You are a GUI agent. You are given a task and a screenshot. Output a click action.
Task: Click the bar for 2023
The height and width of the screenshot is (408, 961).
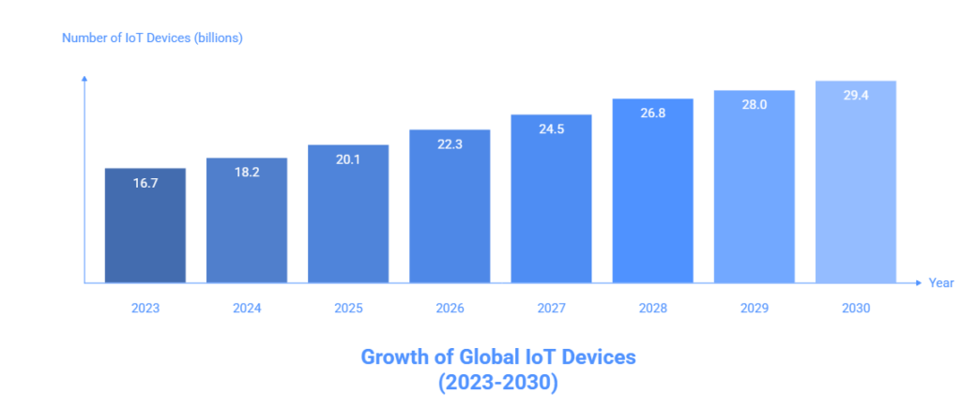click(x=145, y=225)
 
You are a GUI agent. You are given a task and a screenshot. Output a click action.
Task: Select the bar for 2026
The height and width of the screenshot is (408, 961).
click(x=450, y=206)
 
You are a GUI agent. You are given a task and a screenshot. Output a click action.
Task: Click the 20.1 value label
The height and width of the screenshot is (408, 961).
click(x=348, y=159)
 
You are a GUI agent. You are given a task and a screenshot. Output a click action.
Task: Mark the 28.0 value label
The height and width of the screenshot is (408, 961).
click(x=755, y=105)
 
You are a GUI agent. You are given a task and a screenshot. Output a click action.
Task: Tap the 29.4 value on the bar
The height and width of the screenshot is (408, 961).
click(x=856, y=96)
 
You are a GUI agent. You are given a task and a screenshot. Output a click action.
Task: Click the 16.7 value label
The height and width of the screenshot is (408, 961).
click(x=145, y=184)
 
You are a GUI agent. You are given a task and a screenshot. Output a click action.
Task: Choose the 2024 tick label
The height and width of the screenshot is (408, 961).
click(x=247, y=307)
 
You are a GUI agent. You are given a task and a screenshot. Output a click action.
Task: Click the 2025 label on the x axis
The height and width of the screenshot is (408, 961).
click(x=348, y=307)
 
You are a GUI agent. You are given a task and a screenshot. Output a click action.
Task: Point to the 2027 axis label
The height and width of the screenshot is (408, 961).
click(x=551, y=307)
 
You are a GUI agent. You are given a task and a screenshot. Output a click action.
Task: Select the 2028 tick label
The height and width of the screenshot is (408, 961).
click(x=653, y=307)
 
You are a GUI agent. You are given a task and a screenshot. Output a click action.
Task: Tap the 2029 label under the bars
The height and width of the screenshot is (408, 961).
click(x=755, y=307)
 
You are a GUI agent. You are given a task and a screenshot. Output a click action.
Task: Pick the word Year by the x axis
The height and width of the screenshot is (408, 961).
click(x=940, y=282)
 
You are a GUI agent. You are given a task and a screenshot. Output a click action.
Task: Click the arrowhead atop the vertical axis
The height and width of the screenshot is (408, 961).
click(x=84, y=79)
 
